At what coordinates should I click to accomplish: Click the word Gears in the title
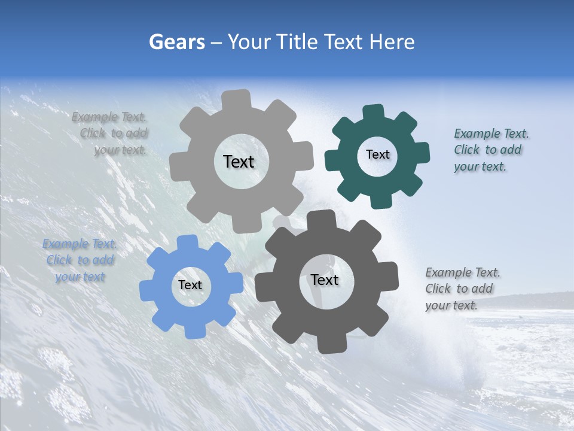tap(177, 42)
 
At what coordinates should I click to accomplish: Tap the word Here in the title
tap(392, 42)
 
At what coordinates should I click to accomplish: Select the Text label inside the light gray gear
tap(239, 162)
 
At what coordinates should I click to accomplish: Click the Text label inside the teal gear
tap(377, 154)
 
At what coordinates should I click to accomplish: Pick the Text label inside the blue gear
tap(190, 285)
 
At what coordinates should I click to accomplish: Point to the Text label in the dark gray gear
tap(324, 280)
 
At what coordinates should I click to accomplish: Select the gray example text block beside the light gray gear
tap(111, 133)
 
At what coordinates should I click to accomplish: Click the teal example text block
tap(491, 150)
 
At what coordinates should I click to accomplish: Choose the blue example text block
tap(80, 260)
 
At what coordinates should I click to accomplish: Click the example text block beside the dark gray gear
tap(462, 289)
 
